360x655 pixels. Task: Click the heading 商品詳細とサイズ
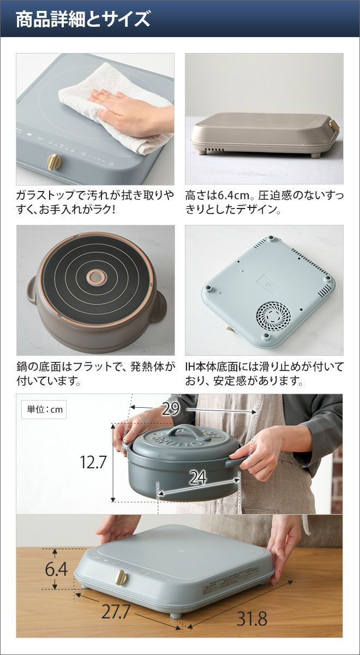(x=83, y=19)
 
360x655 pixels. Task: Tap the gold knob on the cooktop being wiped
(x=55, y=162)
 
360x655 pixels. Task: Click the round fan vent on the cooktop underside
(x=273, y=316)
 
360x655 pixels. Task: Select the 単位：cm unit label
(x=44, y=409)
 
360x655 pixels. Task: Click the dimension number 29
(x=170, y=409)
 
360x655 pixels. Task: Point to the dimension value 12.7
(x=93, y=462)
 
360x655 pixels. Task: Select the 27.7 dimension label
(x=115, y=603)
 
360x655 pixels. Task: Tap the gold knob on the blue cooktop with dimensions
(x=121, y=576)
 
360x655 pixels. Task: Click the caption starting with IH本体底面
(x=264, y=374)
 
